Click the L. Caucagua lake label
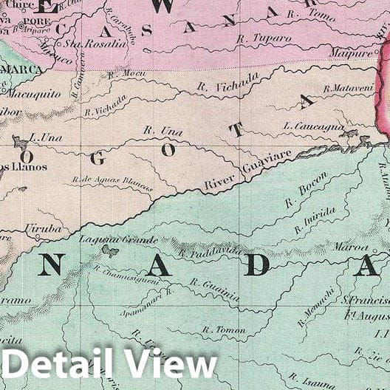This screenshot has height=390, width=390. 313,127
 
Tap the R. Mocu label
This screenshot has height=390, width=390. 122,75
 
